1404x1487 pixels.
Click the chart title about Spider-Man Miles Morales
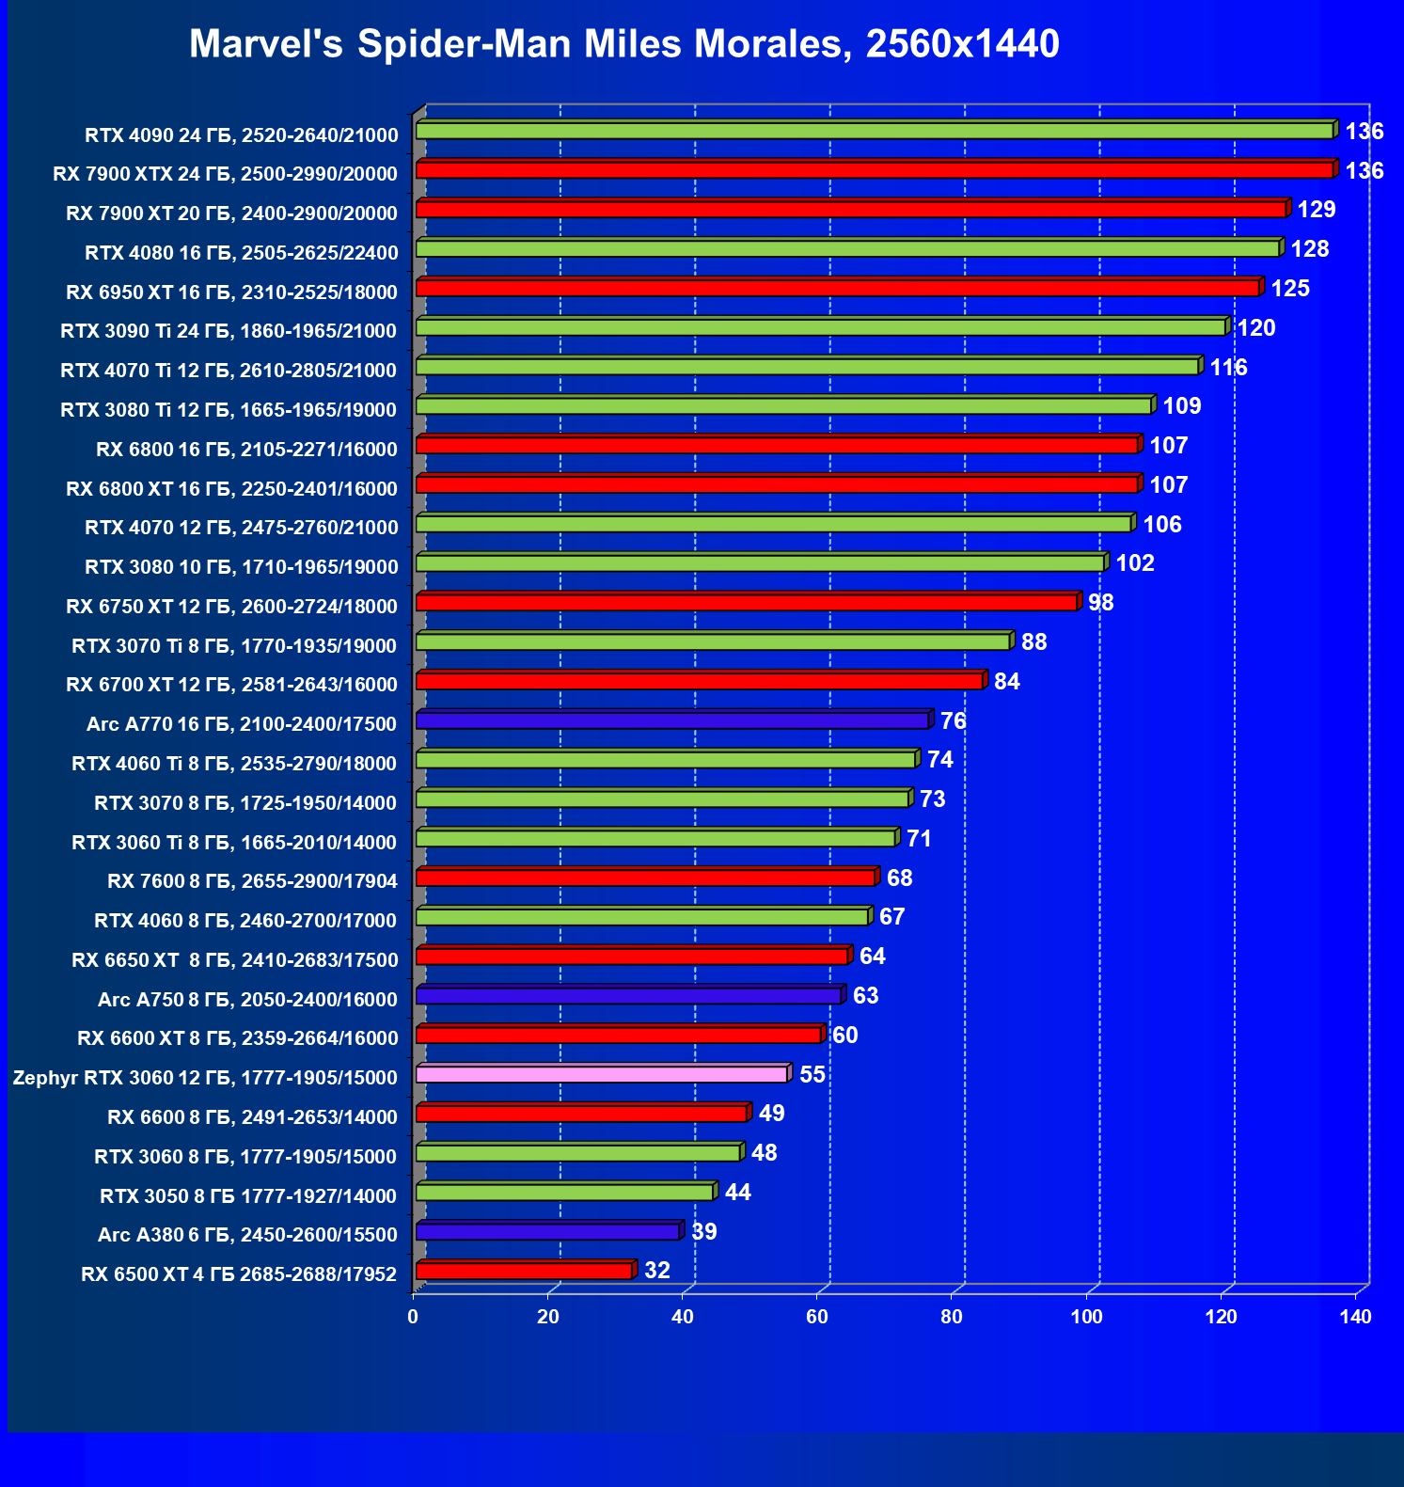[623, 44]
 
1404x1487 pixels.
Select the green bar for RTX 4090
[875, 131]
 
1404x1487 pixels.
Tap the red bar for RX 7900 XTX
[875, 170]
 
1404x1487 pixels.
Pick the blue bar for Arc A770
[672, 720]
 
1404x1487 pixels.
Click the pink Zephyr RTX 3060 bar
[602, 1074]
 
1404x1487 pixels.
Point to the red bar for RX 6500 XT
[524, 1271]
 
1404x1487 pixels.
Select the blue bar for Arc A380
[547, 1231]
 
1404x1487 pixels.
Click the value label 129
[1316, 210]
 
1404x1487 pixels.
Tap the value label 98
[1100, 602]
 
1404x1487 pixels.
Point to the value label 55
[812, 1074]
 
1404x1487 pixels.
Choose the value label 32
[656, 1271]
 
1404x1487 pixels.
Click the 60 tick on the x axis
[817, 1317]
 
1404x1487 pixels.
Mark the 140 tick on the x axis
[1355, 1317]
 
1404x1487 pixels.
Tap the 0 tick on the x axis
[413, 1317]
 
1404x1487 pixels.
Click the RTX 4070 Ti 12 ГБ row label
[229, 371]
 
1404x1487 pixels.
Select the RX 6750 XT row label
[231, 607]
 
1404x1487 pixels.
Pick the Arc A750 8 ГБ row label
[247, 999]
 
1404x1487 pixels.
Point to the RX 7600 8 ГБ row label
[252, 881]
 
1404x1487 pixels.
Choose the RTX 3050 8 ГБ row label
[248, 1196]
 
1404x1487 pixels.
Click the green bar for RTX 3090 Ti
[821, 327]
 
